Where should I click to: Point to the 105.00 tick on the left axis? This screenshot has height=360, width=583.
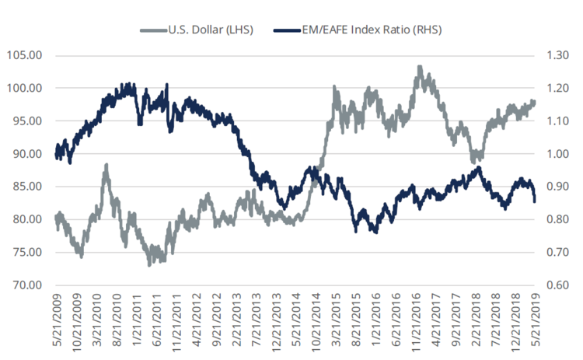26,56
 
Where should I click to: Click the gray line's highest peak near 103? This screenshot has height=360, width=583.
420,68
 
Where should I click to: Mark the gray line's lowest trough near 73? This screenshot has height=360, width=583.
150,265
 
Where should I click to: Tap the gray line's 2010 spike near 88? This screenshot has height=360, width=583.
106,165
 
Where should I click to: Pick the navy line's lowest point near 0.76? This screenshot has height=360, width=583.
375,232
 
